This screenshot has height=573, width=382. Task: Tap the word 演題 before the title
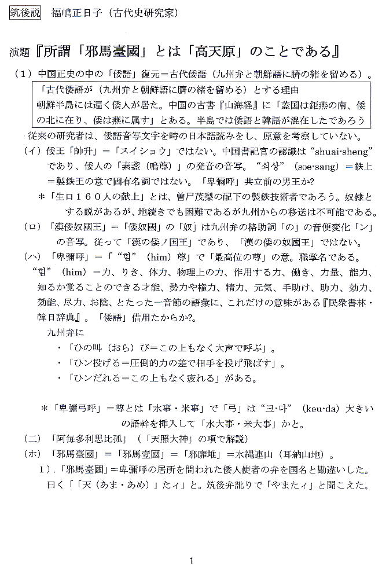(x=19, y=53)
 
